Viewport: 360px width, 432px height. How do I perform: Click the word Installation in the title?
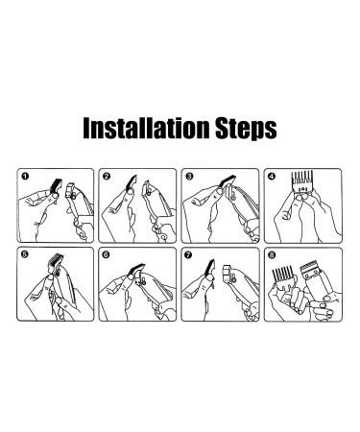pos(146,128)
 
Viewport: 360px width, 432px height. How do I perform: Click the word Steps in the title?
pos(246,129)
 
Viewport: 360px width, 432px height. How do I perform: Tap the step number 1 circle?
pos(25,177)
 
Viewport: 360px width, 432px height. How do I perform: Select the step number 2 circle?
pos(108,177)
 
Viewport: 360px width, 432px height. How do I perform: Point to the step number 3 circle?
pos(190,177)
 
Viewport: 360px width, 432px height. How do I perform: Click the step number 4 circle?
pos(272,177)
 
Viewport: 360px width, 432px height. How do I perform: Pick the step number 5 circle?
pos(25,254)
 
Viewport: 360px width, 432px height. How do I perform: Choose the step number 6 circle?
pos(107,255)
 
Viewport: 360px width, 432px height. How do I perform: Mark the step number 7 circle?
pos(189,255)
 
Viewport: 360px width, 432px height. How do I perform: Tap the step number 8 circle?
pos(273,255)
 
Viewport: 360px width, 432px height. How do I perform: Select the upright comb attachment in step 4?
pos(301,181)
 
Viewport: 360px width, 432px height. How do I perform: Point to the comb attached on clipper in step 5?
pos(55,262)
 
